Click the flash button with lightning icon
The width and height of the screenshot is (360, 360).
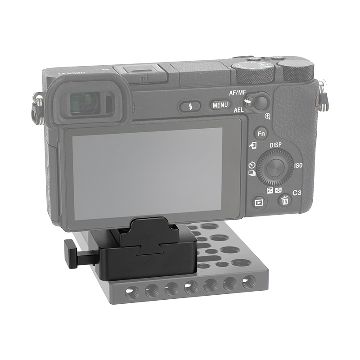tap(190, 107)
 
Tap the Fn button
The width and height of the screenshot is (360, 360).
tap(261, 134)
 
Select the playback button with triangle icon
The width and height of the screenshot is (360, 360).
tap(259, 202)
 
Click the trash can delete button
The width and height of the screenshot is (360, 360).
tap(284, 201)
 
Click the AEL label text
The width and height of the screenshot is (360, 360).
tap(239, 110)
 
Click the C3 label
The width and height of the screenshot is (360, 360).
tap(297, 193)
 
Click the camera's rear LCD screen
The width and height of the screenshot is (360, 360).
tap(148, 173)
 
